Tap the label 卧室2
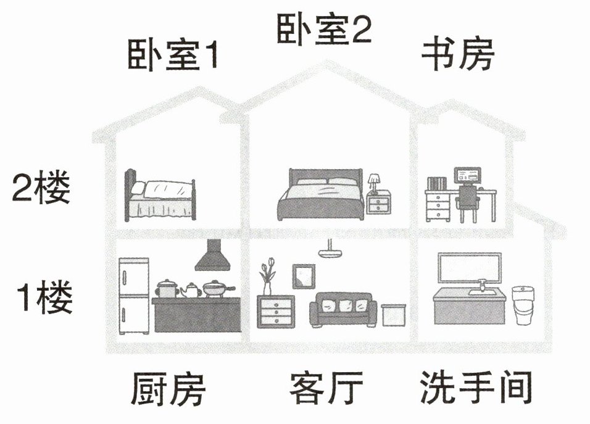click(323, 30)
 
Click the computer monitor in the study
click(468, 175)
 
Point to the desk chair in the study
click(468, 204)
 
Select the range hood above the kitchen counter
click(212, 256)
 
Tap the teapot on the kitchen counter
click(191, 289)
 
